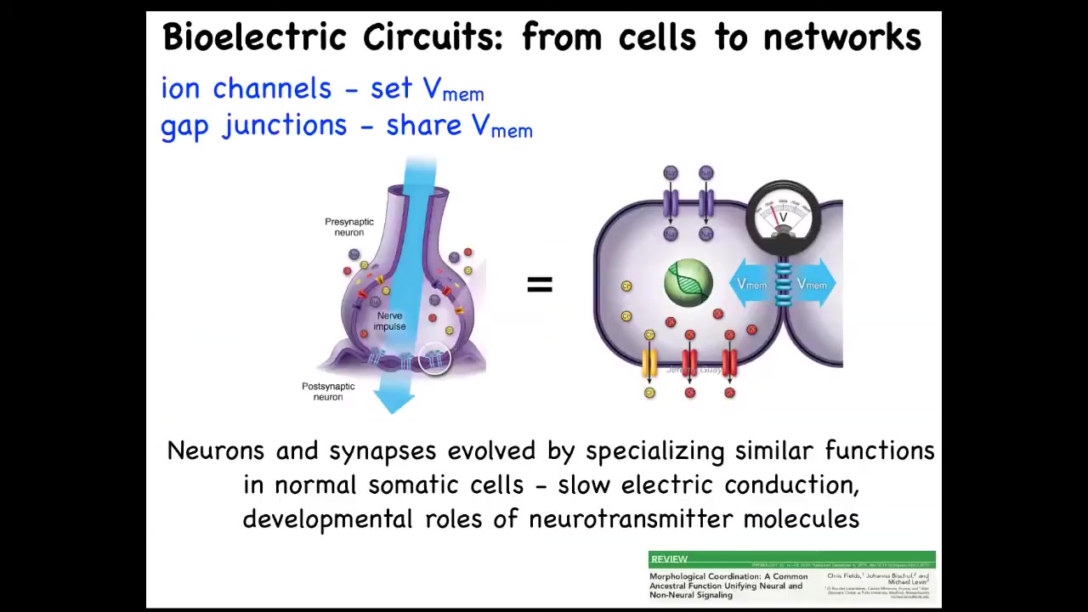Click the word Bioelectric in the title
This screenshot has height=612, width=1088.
point(254,38)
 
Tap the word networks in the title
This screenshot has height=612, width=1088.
point(841,38)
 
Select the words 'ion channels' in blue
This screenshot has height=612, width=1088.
point(246,88)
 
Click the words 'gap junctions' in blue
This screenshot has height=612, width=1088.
point(253,126)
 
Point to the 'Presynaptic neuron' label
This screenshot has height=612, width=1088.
point(348,227)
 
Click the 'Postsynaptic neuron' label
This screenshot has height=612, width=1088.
point(328,391)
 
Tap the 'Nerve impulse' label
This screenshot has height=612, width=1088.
point(389,321)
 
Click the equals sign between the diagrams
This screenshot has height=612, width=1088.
point(540,285)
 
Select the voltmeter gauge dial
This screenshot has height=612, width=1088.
point(782,214)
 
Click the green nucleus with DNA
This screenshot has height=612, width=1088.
point(688,282)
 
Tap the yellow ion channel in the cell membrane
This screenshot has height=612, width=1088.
point(649,363)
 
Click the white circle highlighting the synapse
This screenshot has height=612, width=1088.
point(434,358)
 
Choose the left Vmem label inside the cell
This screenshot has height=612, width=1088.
point(751,285)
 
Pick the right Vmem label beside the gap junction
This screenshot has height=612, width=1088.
point(811,285)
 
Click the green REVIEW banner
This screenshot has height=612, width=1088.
point(791,559)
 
